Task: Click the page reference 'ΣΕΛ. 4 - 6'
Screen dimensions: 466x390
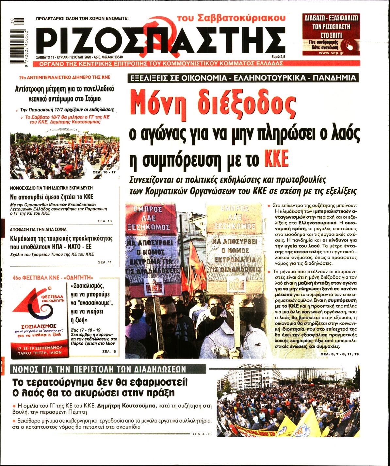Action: (x=202, y=434)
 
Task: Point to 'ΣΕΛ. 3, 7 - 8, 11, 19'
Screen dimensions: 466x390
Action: (x=340, y=354)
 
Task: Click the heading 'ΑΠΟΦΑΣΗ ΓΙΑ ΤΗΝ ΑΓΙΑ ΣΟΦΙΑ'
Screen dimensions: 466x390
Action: (x=38, y=229)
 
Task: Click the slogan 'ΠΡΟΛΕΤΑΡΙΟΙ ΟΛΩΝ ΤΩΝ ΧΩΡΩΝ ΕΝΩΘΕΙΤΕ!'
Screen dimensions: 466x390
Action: (x=82, y=19)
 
